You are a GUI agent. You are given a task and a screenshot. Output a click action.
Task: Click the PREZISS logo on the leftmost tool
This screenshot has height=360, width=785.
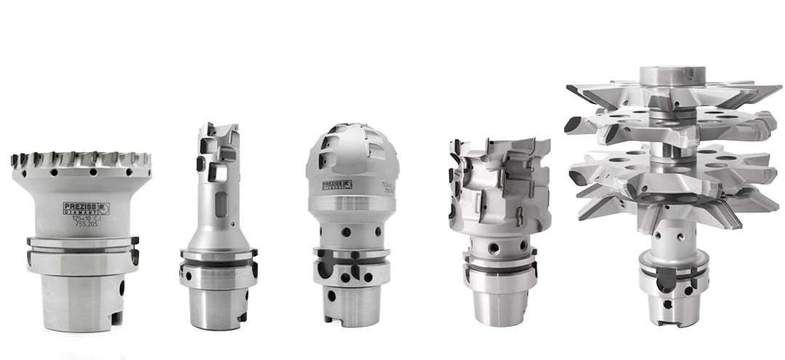point(86,208)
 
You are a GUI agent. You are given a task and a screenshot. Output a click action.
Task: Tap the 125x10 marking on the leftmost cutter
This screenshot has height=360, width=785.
point(87,219)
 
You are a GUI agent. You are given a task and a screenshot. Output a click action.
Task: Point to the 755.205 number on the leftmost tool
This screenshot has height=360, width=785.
point(88,226)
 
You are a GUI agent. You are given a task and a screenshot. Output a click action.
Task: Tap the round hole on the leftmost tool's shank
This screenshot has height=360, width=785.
point(121,287)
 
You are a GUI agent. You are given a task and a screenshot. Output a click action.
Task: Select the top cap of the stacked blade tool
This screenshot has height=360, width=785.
point(672,75)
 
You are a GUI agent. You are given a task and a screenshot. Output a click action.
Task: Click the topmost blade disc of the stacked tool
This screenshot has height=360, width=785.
point(672,95)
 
